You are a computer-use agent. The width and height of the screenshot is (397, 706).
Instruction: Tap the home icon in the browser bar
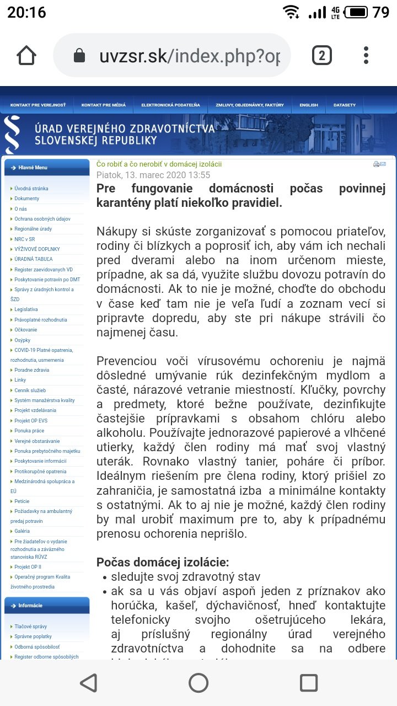click(x=26, y=55)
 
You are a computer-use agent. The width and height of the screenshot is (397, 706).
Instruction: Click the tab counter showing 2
click(x=321, y=55)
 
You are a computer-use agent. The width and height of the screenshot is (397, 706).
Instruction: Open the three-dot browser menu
click(x=366, y=55)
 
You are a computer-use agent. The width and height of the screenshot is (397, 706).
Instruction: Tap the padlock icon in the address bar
click(x=79, y=56)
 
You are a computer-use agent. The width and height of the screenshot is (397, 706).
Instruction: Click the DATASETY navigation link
click(x=345, y=105)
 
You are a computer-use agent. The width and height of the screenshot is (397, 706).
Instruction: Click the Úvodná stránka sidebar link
click(x=31, y=189)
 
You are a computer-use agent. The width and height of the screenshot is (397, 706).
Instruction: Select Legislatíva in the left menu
click(x=26, y=309)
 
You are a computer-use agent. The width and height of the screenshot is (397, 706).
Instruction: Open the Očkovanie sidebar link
click(x=26, y=330)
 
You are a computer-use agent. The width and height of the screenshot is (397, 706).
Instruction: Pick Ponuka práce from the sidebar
click(x=30, y=431)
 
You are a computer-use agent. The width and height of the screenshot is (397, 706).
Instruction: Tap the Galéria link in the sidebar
click(x=23, y=531)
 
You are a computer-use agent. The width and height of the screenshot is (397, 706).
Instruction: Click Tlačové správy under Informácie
click(x=31, y=627)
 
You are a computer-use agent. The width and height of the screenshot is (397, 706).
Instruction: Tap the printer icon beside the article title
click(x=376, y=164)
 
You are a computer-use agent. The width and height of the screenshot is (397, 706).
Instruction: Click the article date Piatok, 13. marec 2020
click(x=153, y=175)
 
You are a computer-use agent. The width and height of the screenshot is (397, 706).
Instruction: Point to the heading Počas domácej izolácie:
click(x=163, y=563)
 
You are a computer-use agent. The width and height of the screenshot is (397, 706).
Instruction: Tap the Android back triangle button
click(x=88, y=683)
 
